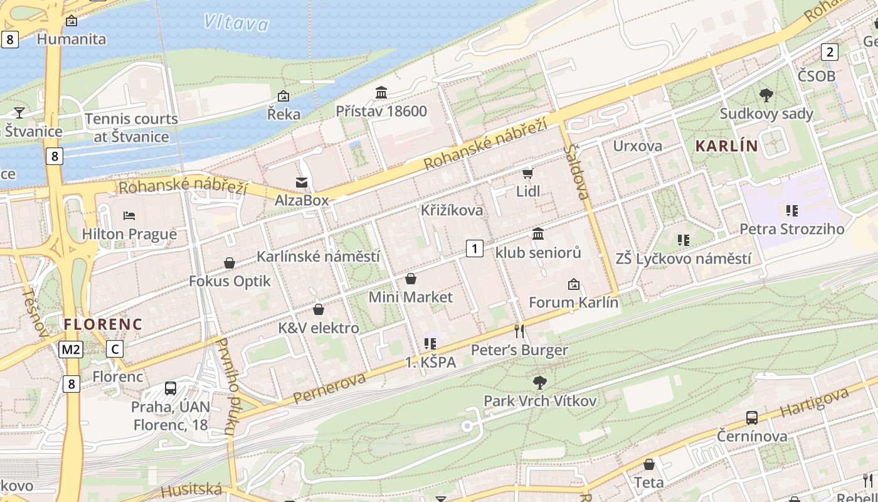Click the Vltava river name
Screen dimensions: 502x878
click(x=236, y=23)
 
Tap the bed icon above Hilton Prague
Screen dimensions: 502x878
click(x=129, y=216)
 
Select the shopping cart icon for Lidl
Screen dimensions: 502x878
click(x=527, y=173)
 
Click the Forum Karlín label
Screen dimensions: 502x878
click(x=573, y=302)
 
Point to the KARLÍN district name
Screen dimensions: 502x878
click(x=726, y=146)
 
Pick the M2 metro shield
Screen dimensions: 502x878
click(x=71, y=350)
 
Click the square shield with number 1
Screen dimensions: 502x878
click(x=475, y=248)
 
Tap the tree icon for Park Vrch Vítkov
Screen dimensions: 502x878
click(x=539, y=382)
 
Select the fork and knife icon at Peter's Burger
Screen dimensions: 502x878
click(x=519, y=331)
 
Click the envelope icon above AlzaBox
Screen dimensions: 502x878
click(x=302, y=183)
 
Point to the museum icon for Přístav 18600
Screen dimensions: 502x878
click(x=381, y=93)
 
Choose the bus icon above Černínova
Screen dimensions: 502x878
click(x=751, y=417)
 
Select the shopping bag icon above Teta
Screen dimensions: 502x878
click(x=649, y=464)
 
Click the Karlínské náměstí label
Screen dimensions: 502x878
click(x=318, y=257)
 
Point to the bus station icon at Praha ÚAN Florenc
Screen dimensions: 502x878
click(x=170, y=388)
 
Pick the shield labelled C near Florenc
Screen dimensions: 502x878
click(x=115, y=349)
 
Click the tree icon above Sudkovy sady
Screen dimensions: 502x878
click(x=766, y=95)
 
